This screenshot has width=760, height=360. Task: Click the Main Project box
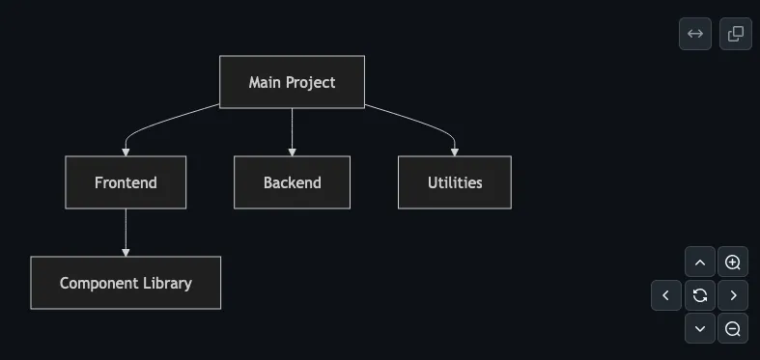click(292, 82)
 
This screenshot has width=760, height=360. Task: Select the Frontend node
click(126, 182)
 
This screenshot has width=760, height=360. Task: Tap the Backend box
click(292, 182)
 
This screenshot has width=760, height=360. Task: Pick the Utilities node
click(455, 182)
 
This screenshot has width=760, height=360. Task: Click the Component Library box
click(126, 283)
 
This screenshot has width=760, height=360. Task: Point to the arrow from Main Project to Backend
click(292, 132)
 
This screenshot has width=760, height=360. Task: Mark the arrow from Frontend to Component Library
click(126, 233)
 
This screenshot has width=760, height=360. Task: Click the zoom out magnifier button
click(732, 328)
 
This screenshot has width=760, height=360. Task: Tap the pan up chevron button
click(700, 263)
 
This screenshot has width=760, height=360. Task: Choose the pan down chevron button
click(700, 328)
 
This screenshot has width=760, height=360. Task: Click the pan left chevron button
click(666, 295)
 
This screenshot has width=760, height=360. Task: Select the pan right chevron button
click(732, 295)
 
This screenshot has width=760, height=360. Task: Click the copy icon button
click(735, 34)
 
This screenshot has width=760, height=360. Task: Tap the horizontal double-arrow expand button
click(695, 34)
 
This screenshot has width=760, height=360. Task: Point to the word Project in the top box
click(313, 83)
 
